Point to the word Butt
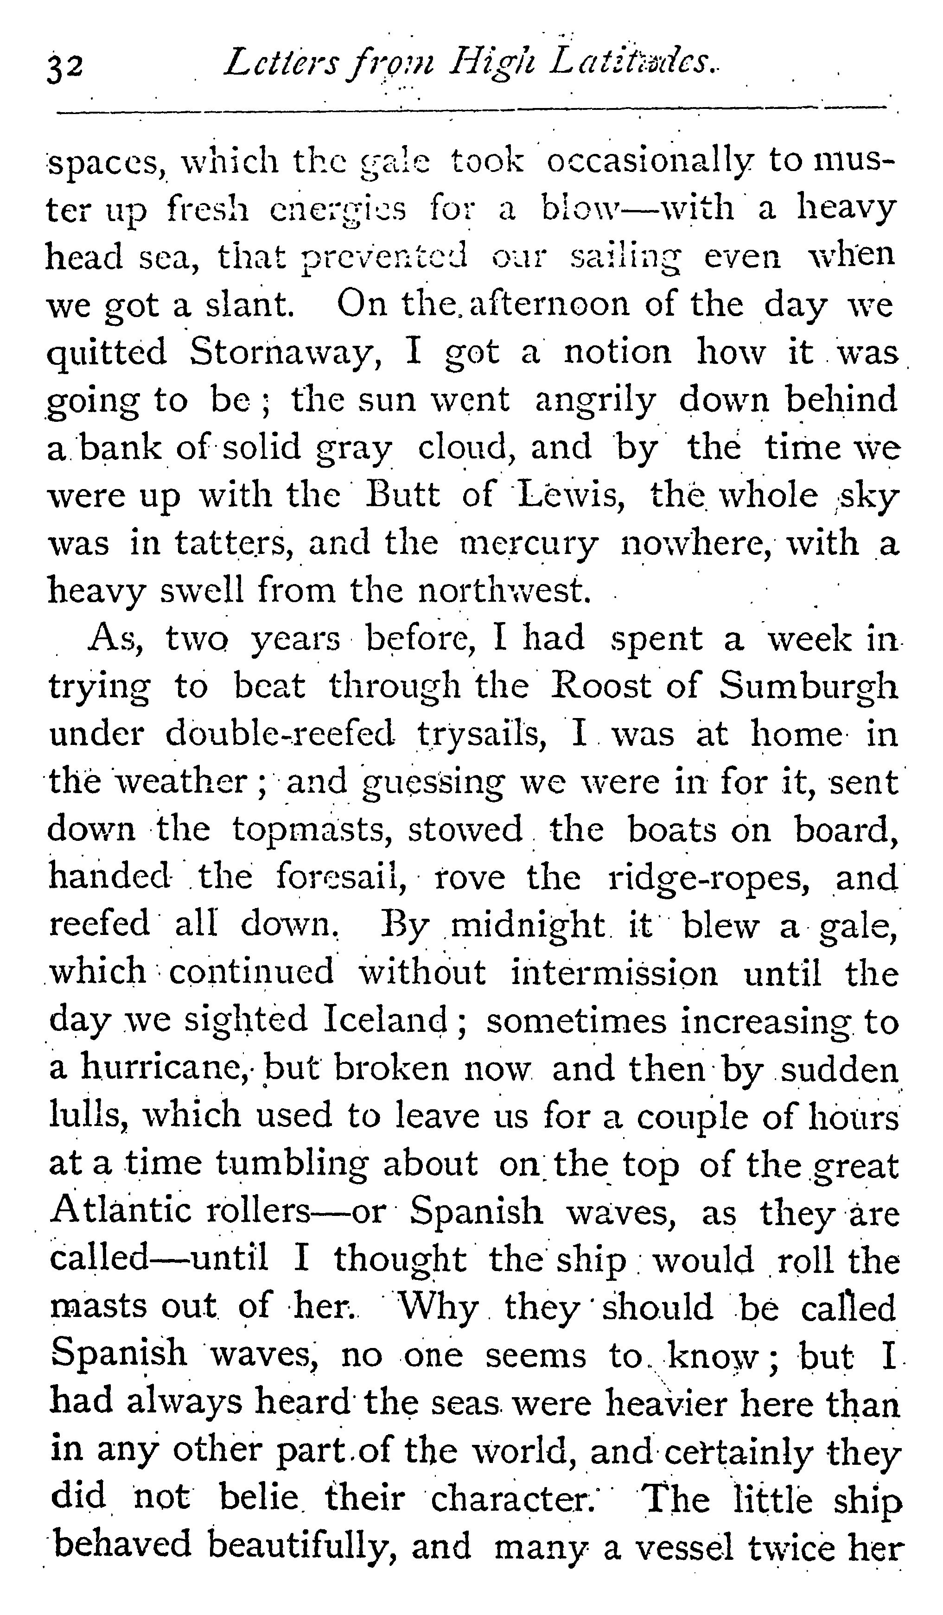click(402, 495)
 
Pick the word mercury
click(529, 543)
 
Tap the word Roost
click(599, 686)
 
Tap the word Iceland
click(385, 1020)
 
